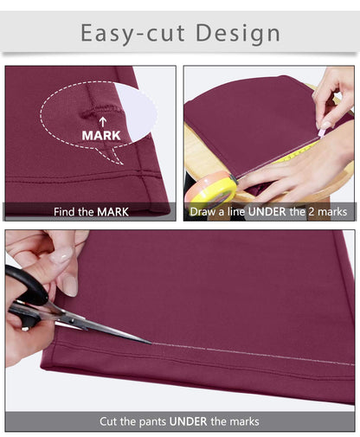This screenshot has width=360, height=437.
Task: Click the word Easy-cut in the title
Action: pyautogui.click(x=132, y=34)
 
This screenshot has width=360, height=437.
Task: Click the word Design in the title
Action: pyautogui.click(x=238, y=34)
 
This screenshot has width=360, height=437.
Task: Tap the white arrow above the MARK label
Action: pyautogui.click(x=103, y=122)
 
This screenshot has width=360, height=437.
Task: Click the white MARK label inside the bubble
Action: pyautogui.click(x=101, y=135)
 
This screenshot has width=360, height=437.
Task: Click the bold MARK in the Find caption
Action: pyautogui.click(x=112, y=212)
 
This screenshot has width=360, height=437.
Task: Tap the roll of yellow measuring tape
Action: pyautogui.click(x=212, y=188)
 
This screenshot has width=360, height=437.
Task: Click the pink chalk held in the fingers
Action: pyautogui.click(x=321, y=132)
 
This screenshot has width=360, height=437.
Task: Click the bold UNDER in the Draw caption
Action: pyautogui.click(x=267, y=212)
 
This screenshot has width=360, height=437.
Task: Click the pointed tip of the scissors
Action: pyautogui.click(x=151, y=344)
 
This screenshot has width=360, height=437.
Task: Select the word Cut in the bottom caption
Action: pyautogui.click(x=108, y=421)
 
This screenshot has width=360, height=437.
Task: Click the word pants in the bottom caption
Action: pyautogui.click(x=152, y=422)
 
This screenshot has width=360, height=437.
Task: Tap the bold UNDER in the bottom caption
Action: pyautogui.click(x=188, y=421)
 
